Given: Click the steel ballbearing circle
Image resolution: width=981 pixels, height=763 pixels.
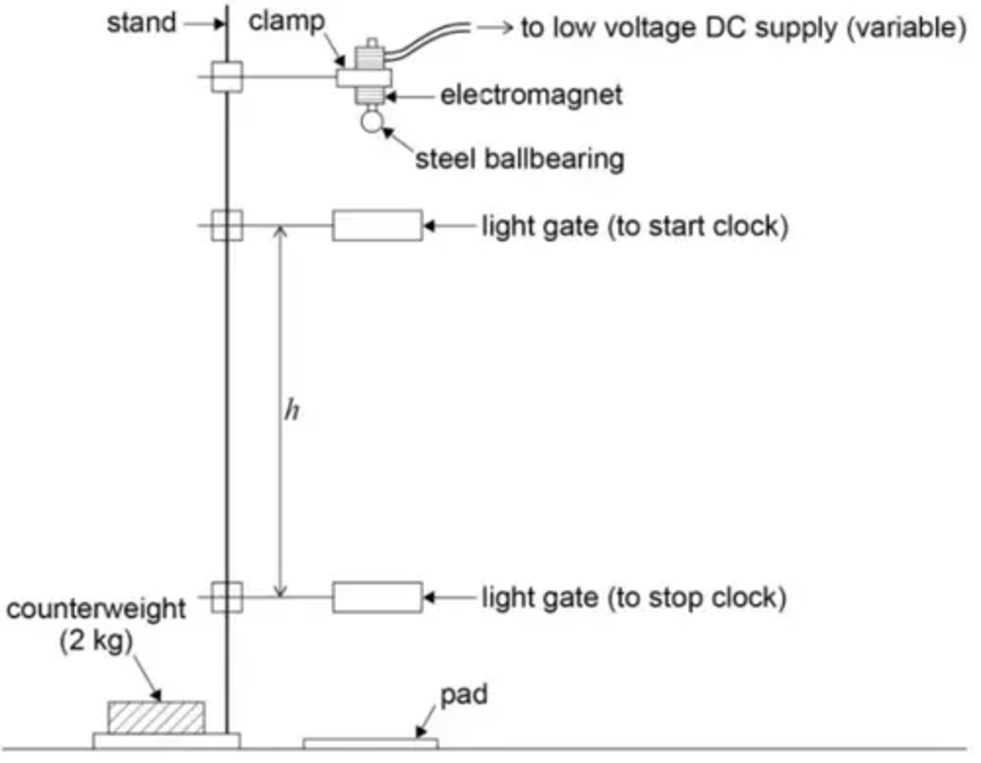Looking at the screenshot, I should pos(372,121).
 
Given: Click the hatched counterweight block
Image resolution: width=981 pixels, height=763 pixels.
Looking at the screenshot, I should pos(156,717).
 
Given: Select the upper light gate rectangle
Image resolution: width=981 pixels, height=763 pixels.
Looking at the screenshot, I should pos(377,225).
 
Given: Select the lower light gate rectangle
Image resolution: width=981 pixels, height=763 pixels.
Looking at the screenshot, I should pos(377,597).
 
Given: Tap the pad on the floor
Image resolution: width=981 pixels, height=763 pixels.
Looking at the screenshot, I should pos(370,743).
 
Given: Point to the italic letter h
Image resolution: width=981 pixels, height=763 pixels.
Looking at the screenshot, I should pos(292,410).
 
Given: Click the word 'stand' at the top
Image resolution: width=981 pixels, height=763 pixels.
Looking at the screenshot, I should pos(141,23).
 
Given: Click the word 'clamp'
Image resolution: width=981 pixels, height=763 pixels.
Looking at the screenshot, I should pos(286,21).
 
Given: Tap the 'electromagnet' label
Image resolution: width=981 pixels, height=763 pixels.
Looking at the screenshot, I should pos(531,95).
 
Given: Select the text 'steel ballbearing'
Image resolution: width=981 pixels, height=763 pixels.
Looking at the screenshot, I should pos(520,159).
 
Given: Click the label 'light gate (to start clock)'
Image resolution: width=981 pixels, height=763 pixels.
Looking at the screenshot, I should pos(635,226).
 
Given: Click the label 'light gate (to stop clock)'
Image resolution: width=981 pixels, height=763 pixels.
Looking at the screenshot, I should pos(634,597).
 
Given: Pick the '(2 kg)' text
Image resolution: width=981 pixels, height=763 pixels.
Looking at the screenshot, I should pos(95,640).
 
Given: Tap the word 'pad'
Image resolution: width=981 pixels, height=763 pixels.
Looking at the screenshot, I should pos(464,695).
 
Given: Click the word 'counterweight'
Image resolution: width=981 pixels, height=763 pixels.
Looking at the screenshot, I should pos(95,608).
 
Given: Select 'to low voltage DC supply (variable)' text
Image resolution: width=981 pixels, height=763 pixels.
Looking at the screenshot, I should pos(743,28).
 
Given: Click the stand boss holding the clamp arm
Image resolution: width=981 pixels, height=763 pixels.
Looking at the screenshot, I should pos(227,76).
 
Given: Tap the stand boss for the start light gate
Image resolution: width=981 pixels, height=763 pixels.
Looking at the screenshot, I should pos(227,225).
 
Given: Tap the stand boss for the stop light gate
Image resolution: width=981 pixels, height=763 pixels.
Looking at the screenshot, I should pos(227,597).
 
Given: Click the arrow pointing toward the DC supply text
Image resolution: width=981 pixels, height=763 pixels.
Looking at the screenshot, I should pos(495,28).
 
